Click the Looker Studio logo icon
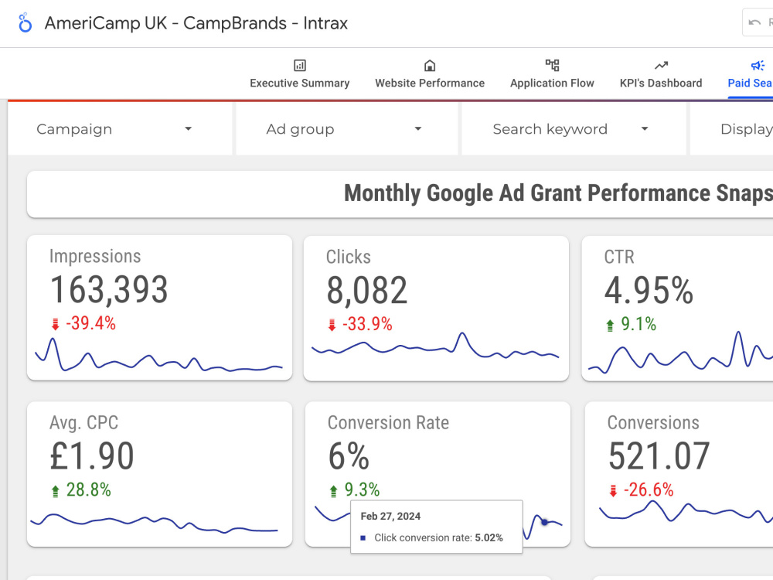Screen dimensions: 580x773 (x=25, y=23)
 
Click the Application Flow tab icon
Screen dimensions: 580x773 (x=552, y=66)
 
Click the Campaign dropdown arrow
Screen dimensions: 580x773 (x=188, y=129)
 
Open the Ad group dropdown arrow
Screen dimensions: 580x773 (x=417, y=129)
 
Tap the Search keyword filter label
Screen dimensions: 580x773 (x=550, y=129)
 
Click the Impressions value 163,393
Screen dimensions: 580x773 (x=109, y=290)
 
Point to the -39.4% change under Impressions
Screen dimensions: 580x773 (x=90, y=324)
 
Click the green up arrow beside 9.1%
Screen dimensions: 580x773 (x=610, y=326)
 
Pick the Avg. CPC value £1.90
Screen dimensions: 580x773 (x=92, y=456)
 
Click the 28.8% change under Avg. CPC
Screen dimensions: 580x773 (x=88, y=490)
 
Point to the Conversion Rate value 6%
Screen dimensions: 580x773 (x=349, y=456)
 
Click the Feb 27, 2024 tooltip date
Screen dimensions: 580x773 (x=390, y=516)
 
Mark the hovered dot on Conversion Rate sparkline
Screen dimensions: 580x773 (x=544, y=522)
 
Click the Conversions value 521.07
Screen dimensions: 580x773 (x=659, y=456)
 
